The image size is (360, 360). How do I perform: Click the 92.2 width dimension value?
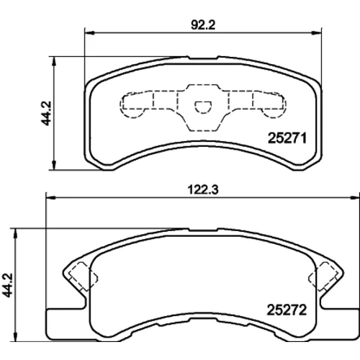(x=203, y=25)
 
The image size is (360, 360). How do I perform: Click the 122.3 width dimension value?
(x=203, y=190)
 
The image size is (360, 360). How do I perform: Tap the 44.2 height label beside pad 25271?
(x=46, y=113)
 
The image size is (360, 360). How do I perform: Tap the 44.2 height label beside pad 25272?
(x=8, y=285)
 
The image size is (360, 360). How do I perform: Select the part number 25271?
(x=287, y=138)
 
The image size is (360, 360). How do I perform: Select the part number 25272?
(x=287, y=310)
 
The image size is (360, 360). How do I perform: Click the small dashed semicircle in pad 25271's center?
(x=203, y=107)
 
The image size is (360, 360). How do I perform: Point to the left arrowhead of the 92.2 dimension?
(x=90, y=33)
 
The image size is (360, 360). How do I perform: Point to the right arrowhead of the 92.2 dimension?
(x=316, y=33)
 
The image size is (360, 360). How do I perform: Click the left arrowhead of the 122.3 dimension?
(x=50, y=198)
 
